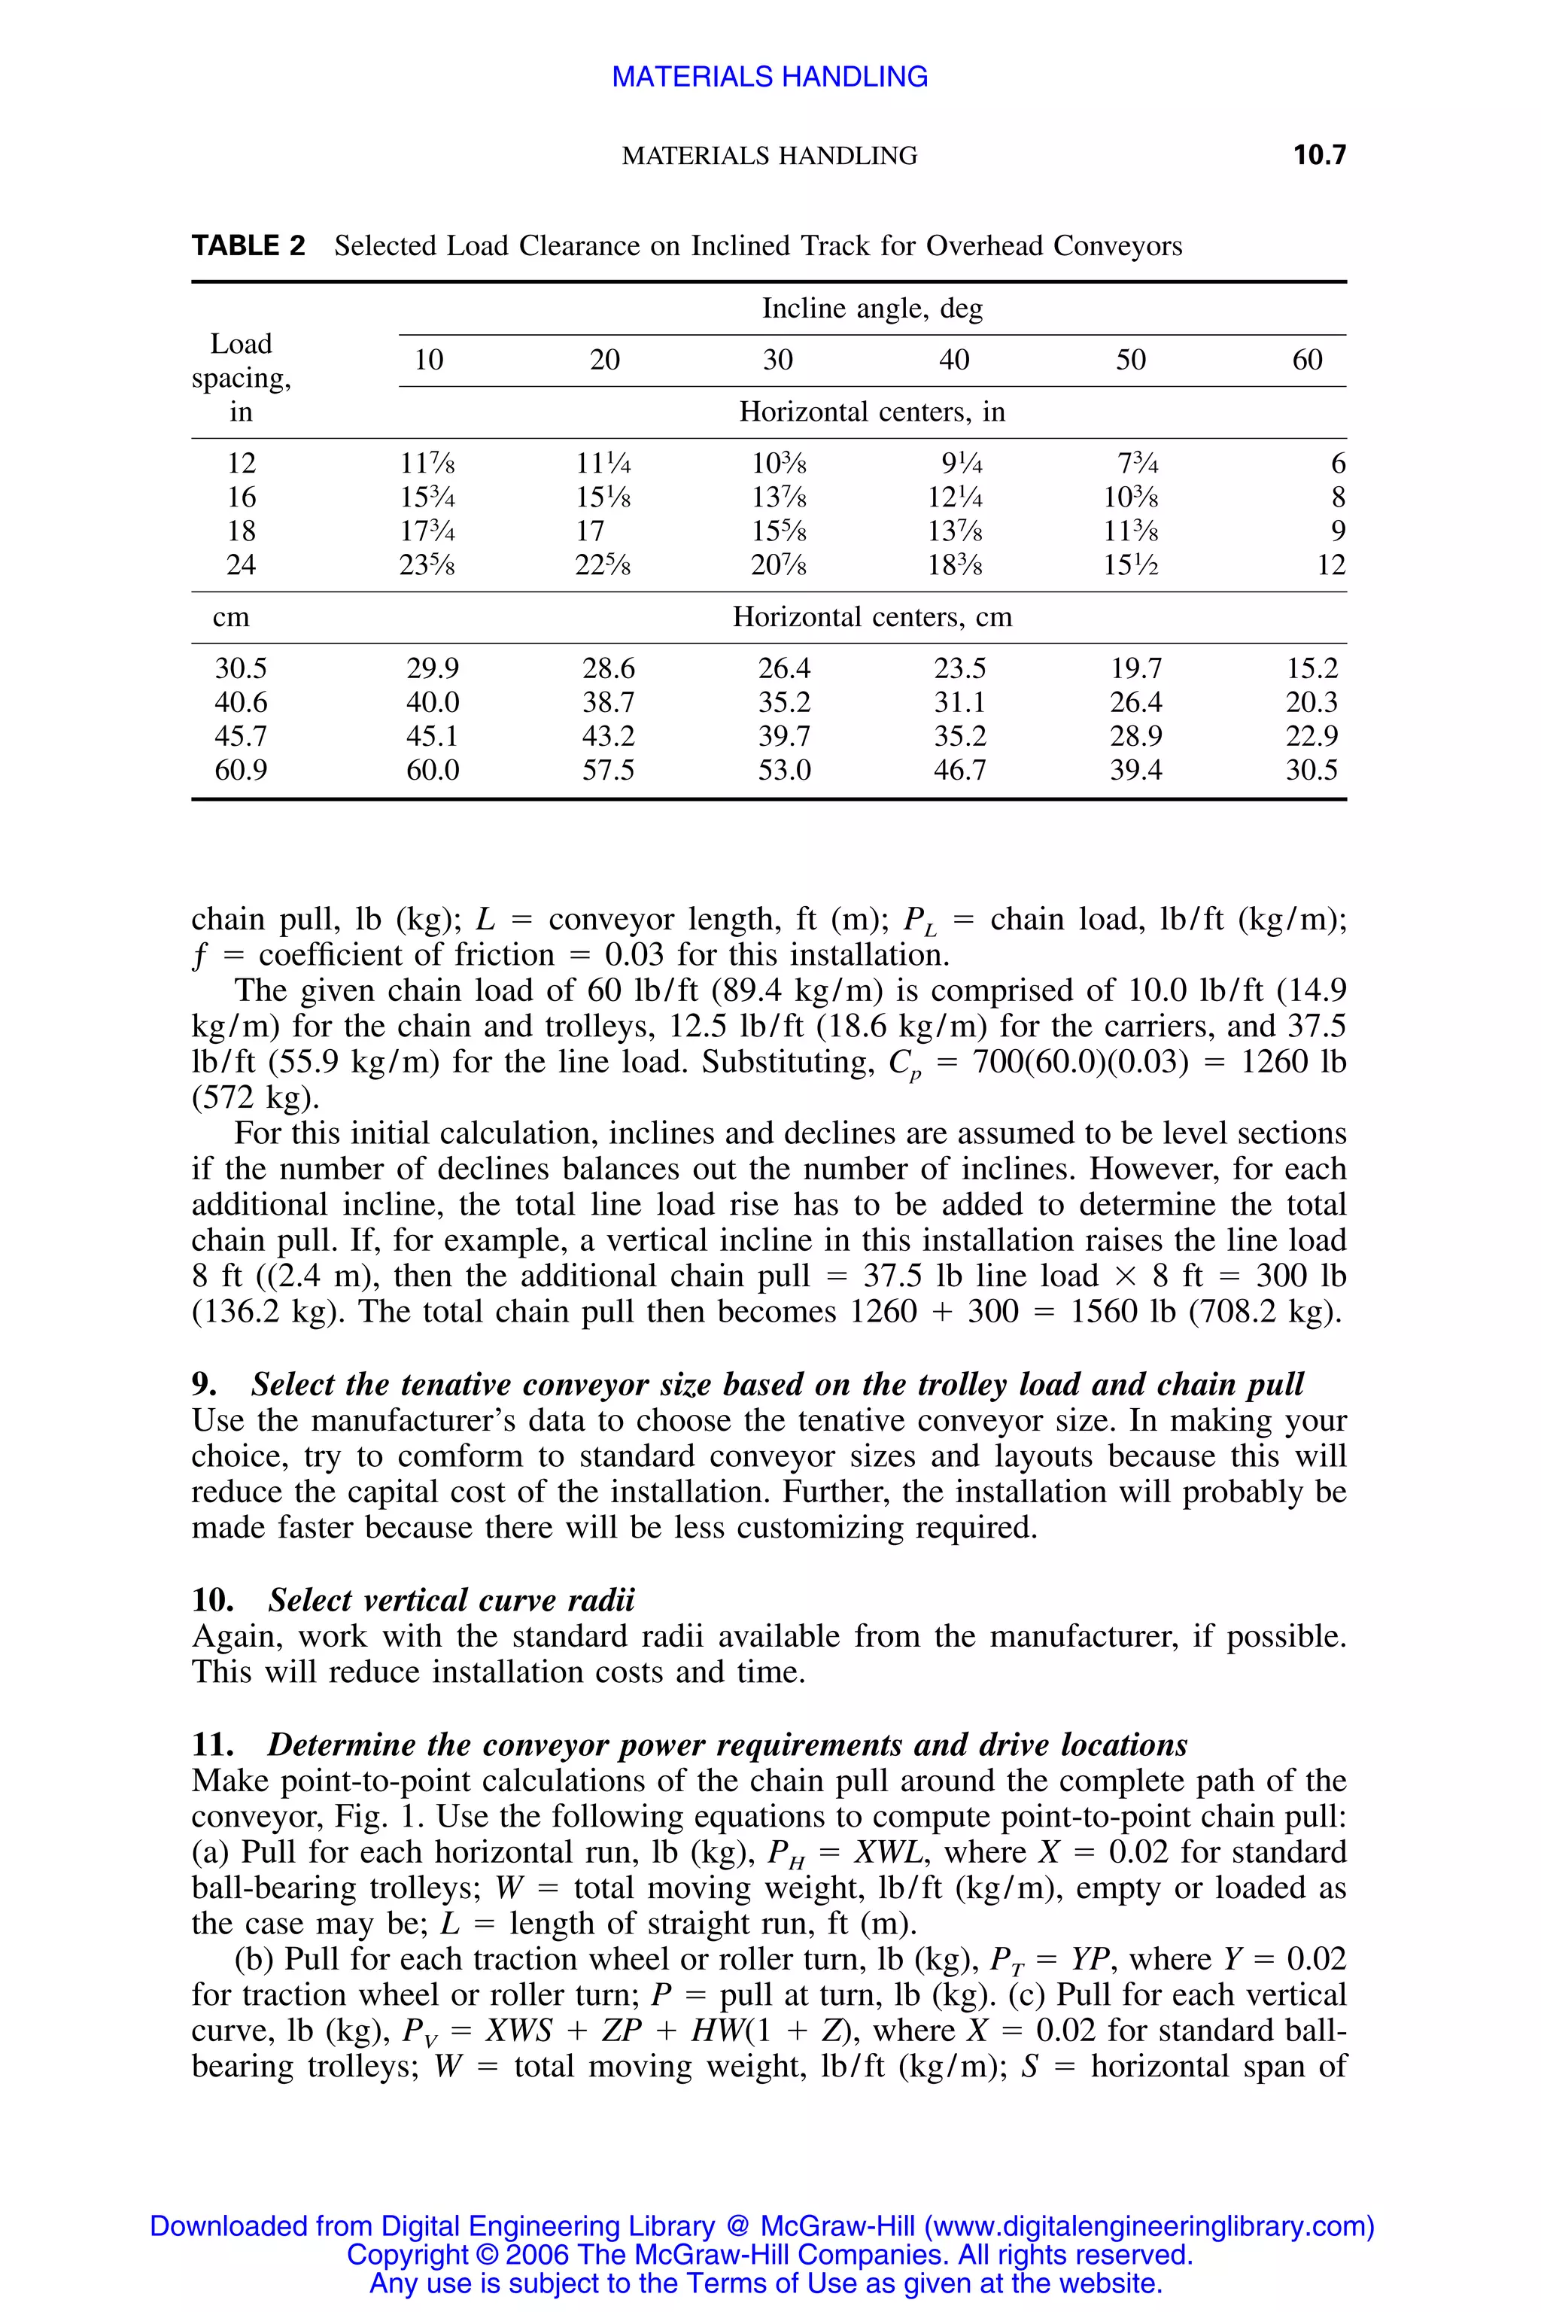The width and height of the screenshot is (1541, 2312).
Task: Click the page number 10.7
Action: pos(1319,154)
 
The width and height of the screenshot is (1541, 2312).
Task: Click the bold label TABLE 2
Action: pos(248,246)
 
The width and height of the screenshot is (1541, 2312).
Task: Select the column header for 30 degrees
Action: pos(777,360)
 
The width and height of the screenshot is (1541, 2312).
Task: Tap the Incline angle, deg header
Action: pos(872,309)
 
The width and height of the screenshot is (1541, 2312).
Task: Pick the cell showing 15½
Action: pos(1131,565)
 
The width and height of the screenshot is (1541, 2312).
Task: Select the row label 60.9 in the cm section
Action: pos(241,770)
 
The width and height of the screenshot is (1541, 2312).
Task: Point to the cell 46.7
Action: pos(959,770)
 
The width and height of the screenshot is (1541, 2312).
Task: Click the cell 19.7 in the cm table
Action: pos(1136,669)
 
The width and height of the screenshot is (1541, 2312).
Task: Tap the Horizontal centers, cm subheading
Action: pos(872,617)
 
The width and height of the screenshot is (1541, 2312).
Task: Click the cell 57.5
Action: pos(608,770)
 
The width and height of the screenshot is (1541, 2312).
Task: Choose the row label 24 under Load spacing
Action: pos(241,565)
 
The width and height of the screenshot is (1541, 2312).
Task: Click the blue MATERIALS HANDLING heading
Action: pos(770,77)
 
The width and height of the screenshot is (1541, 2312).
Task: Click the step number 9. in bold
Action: pos(205,1385)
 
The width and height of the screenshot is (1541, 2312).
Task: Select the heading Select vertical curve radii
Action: pos(451,1600)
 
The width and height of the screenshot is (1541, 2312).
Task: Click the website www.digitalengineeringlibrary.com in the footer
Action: pos(1145,2226)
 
